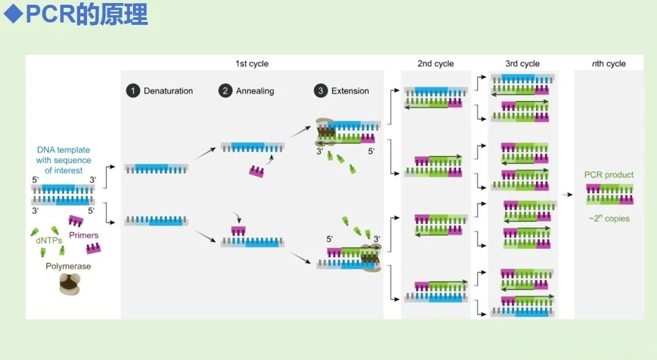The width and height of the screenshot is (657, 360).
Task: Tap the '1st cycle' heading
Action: point(252,64)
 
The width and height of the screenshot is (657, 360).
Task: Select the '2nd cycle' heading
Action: point(435,64)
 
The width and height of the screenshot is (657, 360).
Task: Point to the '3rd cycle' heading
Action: point(522,64)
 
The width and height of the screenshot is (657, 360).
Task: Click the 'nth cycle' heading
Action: point(608,64)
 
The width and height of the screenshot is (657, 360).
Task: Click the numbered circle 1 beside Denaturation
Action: point(132,91)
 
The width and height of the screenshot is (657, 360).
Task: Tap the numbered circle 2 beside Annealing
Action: point(225,91)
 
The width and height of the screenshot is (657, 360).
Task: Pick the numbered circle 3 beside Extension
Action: point(320,91)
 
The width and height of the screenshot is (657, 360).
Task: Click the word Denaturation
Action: point(168,91)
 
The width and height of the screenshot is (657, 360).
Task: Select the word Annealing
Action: point(255,91)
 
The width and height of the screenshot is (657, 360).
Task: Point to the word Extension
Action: point(350,91)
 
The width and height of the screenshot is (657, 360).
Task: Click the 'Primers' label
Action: point(84,235)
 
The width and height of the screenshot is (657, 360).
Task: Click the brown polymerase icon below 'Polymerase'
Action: point(71,283)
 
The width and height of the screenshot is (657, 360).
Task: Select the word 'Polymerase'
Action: point(68,266)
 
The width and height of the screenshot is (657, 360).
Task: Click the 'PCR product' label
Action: point(609,175)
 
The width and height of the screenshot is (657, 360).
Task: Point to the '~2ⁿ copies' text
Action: point(609,218)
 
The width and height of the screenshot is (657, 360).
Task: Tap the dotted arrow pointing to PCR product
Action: point(567,195)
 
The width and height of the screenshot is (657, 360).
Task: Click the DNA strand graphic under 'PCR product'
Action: point(610,195)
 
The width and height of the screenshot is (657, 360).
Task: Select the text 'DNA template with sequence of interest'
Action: point(64,160)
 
